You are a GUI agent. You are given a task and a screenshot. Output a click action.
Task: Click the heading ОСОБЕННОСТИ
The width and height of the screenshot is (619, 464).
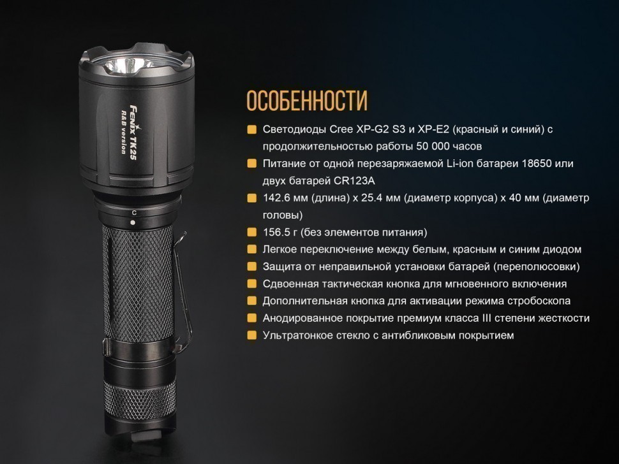(307, 101)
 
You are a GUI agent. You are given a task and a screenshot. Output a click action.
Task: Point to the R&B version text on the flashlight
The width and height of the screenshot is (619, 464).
(124, 133)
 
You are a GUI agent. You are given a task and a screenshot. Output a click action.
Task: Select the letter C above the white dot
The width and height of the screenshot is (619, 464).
(134, 213)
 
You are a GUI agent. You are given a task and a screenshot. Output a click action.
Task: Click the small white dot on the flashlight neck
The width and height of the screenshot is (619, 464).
(133, 222)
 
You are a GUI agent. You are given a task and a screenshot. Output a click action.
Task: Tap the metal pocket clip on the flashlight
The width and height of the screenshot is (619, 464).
(183, 292)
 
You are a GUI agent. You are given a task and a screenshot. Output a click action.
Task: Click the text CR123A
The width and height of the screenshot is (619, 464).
(354, 181)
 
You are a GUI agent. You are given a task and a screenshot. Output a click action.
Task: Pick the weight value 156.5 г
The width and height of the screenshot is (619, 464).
(280, 232)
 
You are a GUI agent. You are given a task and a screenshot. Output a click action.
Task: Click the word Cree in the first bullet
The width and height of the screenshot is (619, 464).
(341, 129)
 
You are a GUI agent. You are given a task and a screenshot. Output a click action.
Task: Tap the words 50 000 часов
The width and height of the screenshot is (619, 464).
(449, 147)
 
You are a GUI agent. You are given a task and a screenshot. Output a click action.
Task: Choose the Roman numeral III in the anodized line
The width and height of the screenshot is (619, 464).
(486, 318)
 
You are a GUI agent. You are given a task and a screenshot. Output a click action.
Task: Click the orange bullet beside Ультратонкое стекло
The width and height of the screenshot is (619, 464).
(251, 335)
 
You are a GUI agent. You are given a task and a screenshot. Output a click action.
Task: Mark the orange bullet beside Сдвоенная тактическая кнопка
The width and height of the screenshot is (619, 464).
(251, 284)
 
